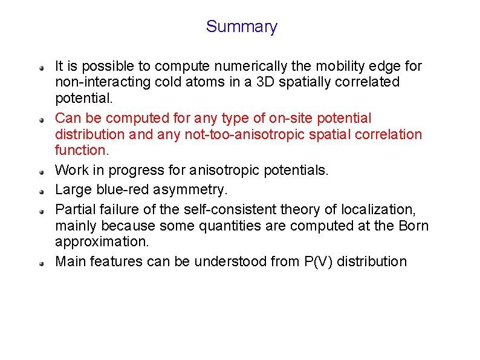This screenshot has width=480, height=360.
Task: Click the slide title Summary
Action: (241, 27)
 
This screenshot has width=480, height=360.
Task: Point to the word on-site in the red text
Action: (284, 118)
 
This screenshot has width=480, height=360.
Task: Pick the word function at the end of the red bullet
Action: (79, 149)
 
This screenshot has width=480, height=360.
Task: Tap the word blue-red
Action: (123, 190)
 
